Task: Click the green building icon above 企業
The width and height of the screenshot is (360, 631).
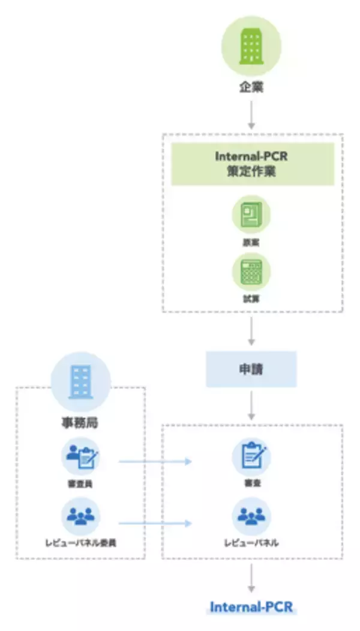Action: click(251, 45)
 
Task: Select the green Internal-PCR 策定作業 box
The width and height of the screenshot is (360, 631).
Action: click(252, 164)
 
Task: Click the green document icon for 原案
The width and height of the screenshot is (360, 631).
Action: click(251, 214)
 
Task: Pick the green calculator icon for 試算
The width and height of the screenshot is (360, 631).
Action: click(251, 271)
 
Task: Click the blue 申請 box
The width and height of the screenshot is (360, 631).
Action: click(251, 369)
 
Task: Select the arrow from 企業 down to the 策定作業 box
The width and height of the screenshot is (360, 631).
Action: click(251, 114)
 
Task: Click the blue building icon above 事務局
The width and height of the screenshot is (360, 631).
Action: click(80, 381)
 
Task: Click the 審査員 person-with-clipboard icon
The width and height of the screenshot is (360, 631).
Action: click(80, 456)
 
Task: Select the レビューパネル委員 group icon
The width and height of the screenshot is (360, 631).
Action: click(80, 516)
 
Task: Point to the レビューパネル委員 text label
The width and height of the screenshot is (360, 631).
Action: click(80, 543)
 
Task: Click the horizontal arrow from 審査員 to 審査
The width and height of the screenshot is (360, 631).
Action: click(155, 462)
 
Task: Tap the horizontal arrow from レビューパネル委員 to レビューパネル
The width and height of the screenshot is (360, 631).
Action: click(155, 523)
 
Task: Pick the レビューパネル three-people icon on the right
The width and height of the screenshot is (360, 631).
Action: click(251, 516)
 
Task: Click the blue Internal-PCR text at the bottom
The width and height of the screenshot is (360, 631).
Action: click(251, 607)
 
